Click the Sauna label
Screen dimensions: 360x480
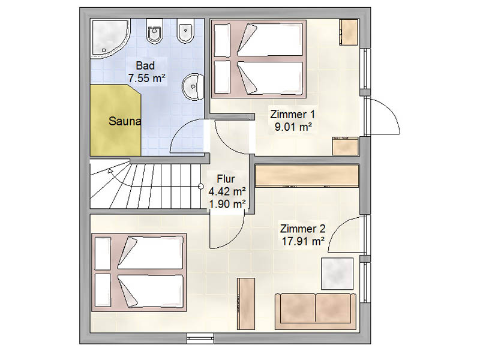tap(125, 121)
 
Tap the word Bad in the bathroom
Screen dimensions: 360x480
tap(146, 65)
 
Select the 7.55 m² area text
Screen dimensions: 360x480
tap(146, 77)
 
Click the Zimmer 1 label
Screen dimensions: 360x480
tap(293, 114)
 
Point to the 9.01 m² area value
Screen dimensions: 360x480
tap(293, 126)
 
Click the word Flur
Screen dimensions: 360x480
tap(227, 179)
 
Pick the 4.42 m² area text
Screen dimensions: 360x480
tap(227, 191)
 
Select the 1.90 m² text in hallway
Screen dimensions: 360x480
tap(227, 204)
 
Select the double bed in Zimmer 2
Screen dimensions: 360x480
tap(139, 272)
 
